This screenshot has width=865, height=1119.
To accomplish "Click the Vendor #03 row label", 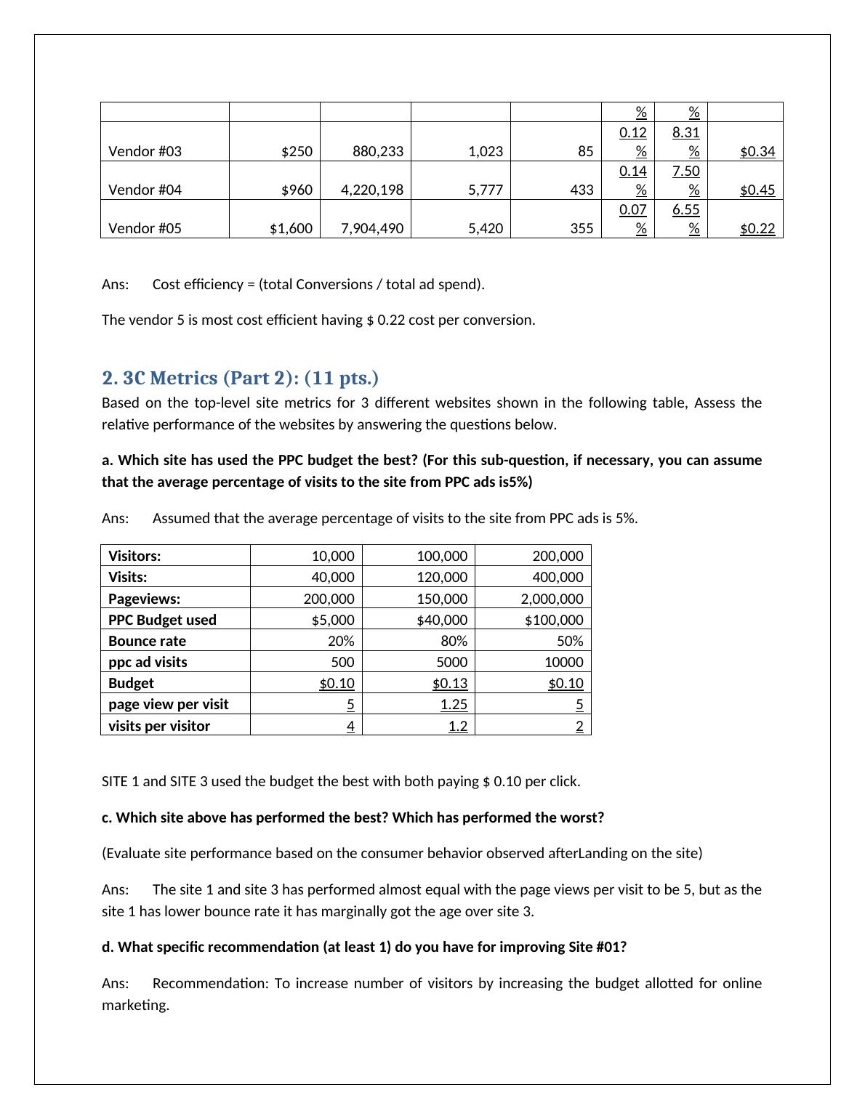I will [x=145, y=151].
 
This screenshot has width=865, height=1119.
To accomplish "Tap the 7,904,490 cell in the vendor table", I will [x=372, y=228].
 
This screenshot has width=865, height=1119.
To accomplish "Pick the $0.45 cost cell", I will [x=757, y=190].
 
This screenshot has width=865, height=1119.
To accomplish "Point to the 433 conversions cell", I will [x=582, y=190].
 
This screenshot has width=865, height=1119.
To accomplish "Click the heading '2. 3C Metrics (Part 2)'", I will [x=240, y=378].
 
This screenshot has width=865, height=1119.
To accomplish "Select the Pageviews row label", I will [x=144, y=599].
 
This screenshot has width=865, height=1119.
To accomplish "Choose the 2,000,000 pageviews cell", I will [x=552, y=599].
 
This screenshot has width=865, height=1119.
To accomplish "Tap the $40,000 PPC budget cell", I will [x=442, y=620].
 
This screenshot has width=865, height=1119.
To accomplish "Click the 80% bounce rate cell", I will [x=454, y=641].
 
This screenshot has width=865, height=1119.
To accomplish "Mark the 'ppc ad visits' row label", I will [x=148, y=662].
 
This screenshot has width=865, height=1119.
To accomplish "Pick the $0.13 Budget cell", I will [x=450, y=683].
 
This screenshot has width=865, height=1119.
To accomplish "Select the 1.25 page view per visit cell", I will [x=454, y=704].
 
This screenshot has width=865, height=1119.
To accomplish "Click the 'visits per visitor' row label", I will [x=159, y=726].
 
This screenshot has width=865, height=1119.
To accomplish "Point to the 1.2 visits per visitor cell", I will [x=457, y=726].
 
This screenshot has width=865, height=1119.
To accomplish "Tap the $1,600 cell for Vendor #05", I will [x=291, y=228].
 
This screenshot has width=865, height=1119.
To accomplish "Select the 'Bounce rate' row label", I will [x=147, y=641].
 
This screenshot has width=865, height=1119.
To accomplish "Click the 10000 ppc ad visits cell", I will [x=563, y=662].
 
